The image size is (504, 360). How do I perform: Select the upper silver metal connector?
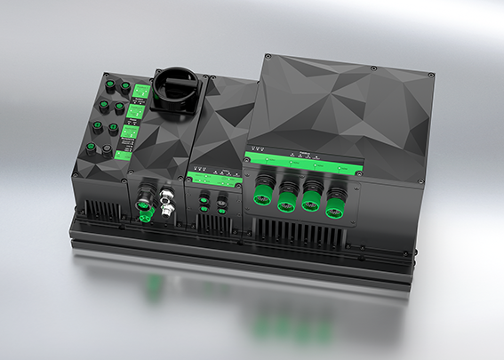click(x=168, y=189)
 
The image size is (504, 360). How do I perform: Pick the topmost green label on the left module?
click(x=140, y=91)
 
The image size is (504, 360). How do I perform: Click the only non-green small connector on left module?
click(x=107, y=153)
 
